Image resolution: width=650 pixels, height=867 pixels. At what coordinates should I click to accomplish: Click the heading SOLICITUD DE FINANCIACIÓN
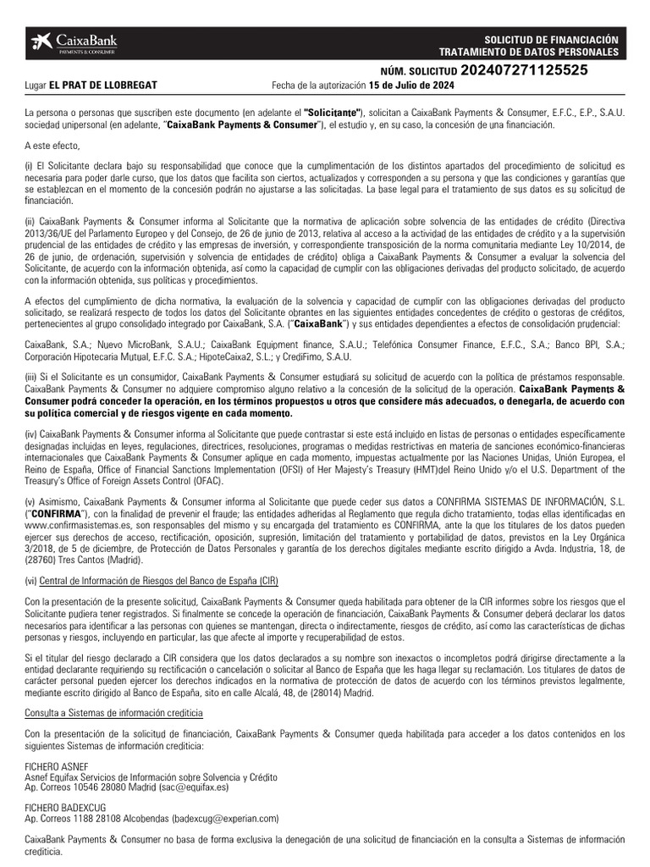(551, 40)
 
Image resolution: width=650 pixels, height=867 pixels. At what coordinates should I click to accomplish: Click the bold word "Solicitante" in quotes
(333, 113)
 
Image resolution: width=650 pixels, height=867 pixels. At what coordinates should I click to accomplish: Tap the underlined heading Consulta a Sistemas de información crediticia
(113, 713)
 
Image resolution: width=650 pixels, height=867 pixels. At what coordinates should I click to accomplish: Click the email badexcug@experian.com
(226, 819)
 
